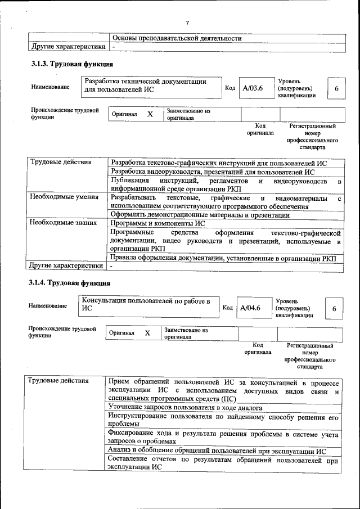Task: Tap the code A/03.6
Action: pyautogui.click(x=253, y=88)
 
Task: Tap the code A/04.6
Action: pyautogui.click(x=250, y=308)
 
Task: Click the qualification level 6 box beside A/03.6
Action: pyautogui.click(x=336, y=89)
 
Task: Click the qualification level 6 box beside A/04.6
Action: pyautogui.click(x=334, y=308)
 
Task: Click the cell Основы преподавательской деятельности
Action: pyautogui.click(x=177, y=38)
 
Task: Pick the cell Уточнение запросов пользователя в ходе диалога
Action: pyautogui.click(x=185, y=407)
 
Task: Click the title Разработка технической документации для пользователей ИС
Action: pyautogui.click(x=145, y=85)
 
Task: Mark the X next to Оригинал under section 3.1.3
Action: pyautogui.click(x=150, y=114)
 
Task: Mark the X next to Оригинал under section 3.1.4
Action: pyautogui.click(x=147, y=333)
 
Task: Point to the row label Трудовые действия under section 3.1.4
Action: pyautogui.click(x=60, y=381)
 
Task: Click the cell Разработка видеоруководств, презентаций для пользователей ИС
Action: pyautogui.click(x=213, y=172)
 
